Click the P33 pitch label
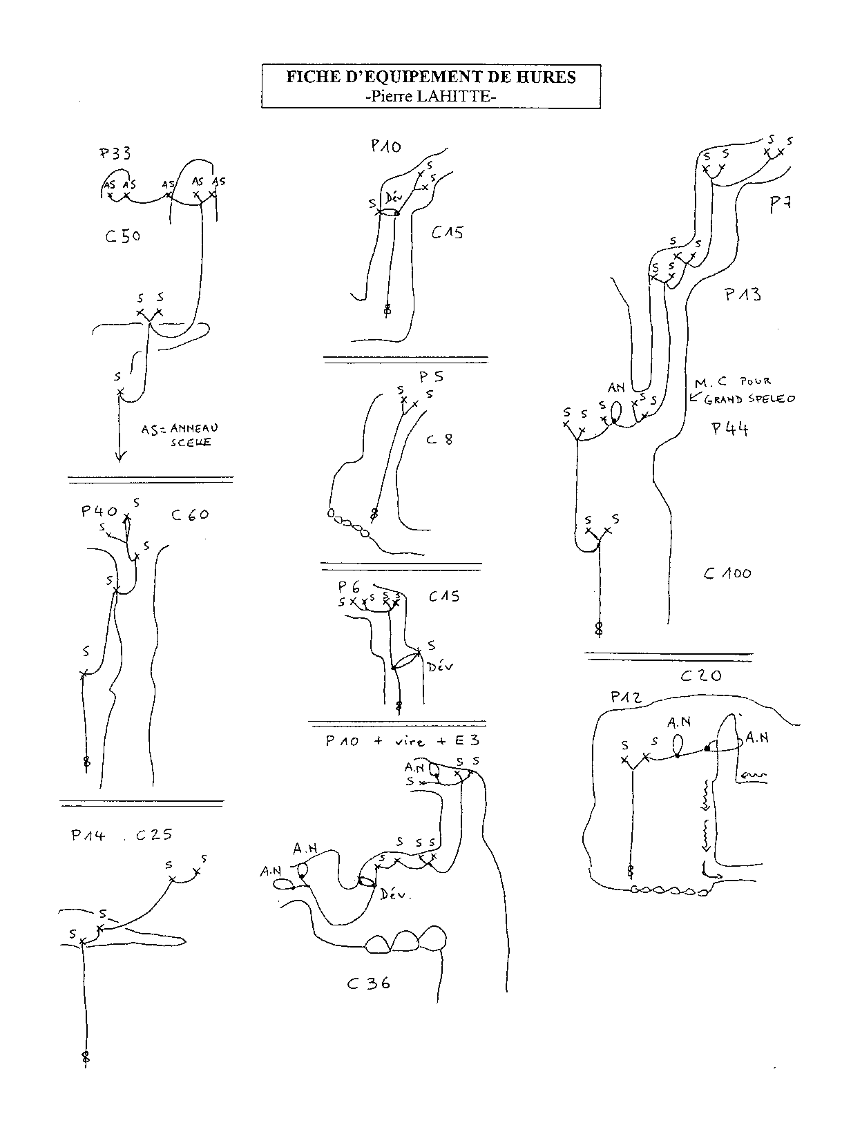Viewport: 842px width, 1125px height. point(115,153)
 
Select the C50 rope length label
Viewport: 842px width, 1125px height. point(123,236)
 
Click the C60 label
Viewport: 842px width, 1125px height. point(190,515)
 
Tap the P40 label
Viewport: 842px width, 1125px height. point(99,511)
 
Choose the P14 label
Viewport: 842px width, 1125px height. point(88,835)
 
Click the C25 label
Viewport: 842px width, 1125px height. point(153,835)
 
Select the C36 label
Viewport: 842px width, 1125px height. point(369,983)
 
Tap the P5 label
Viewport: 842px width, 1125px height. point(431,377)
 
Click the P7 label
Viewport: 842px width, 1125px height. point(781,204)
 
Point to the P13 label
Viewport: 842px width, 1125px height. point(743,294)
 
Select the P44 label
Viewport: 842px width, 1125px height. point(730,429)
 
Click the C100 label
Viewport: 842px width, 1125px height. point(727,573)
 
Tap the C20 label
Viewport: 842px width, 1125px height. point(700,676)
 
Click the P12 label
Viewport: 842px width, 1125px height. point(626,698)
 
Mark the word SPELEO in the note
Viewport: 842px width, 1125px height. point(774,399)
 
